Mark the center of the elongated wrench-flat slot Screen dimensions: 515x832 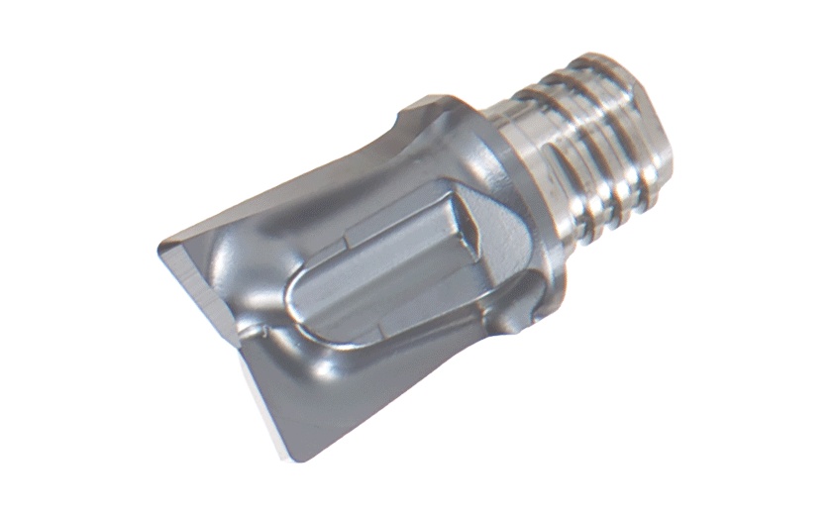click(x=396, y=272)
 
